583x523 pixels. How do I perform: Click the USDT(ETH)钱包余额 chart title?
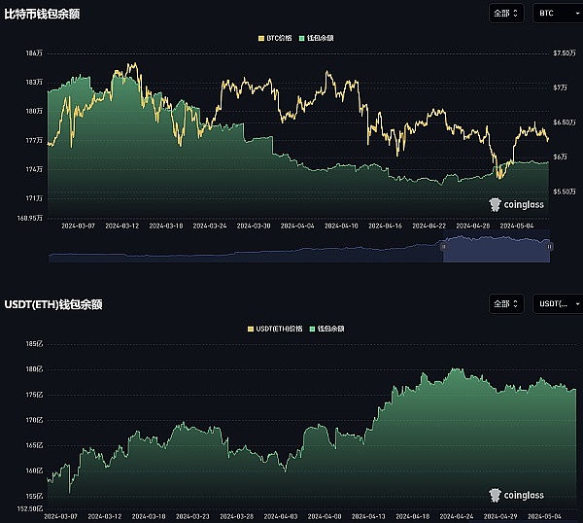click(x=53, y=304)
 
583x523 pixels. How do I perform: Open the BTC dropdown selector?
click(x=556, y=13)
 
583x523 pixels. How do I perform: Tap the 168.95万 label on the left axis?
click(x=28, y=218)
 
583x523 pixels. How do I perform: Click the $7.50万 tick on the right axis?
click(x=565, y=53)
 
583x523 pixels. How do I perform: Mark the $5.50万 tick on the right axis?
click(x=565, y=192)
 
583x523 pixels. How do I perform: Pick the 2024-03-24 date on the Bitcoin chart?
click(x=211, y=226)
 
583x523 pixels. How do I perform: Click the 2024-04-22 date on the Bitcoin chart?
click(x=429, y=226)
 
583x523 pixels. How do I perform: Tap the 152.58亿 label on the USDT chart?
click(x=28, y=508)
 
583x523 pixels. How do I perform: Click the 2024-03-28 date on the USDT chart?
click(x=238, y=516)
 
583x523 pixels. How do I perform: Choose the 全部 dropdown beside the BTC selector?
click(x=507, y=13)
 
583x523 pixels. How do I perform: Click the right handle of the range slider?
click(x=550, y=247)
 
